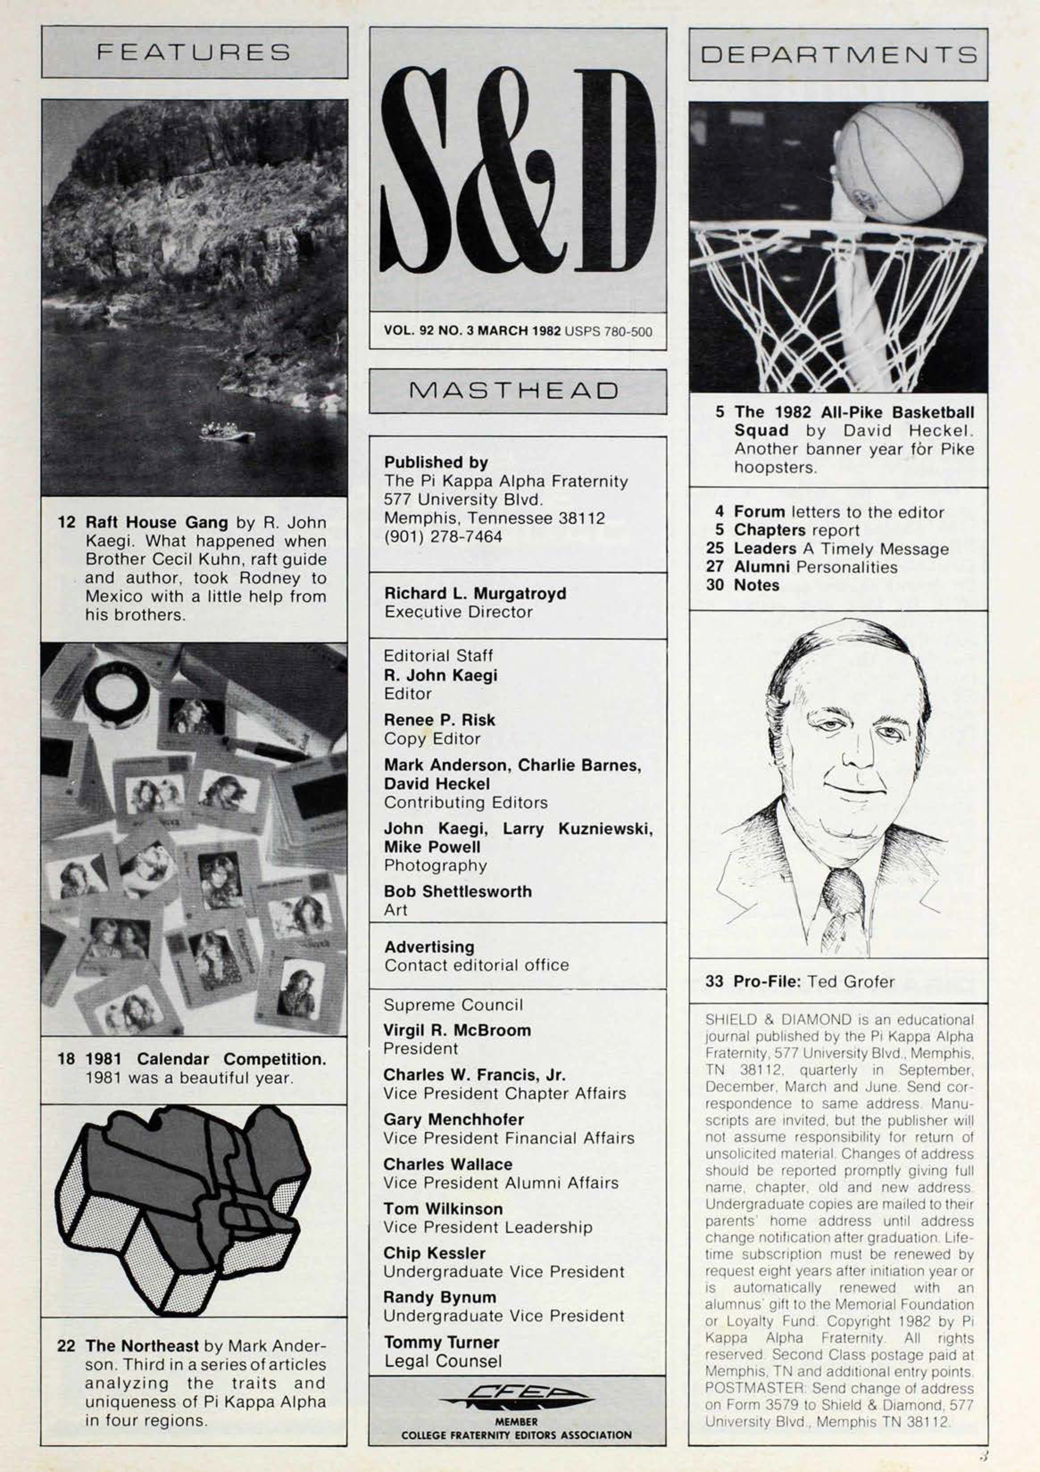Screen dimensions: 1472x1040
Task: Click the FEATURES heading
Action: tap(194, 52)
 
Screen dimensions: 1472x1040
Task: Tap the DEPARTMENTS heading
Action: tap(838, 54)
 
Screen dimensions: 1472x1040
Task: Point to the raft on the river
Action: tap(226, 431)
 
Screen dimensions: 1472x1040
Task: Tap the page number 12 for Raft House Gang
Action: tap(66, 522)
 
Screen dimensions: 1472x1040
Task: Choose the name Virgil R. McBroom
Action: tap(457, 1030)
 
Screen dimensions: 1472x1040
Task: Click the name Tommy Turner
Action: tap(441, 1342)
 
